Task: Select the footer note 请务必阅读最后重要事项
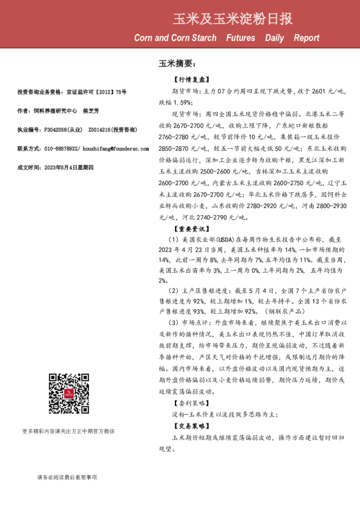tap(67, 478)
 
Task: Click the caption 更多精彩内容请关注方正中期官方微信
tap(68, 431)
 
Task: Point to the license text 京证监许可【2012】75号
tap(96, 92)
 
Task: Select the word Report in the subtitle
tap(306, 38)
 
